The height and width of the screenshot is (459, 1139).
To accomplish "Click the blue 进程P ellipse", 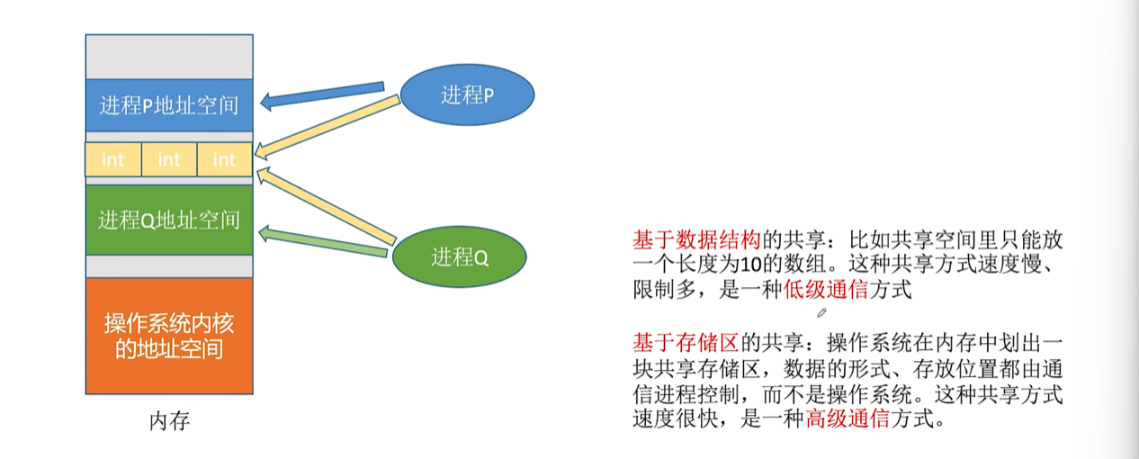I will point(467,94).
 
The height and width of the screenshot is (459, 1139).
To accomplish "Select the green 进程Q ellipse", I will point(459,257).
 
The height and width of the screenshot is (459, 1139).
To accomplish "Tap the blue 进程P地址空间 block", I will point(169,105).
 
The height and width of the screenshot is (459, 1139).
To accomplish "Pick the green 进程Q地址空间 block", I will point(169,220).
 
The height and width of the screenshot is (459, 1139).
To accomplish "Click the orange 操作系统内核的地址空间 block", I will point(169,336).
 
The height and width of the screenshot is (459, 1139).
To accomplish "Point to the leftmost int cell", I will point(113,159).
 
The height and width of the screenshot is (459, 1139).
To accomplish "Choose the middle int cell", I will point(169,159).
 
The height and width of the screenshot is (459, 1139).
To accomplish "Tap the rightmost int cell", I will point(224,159).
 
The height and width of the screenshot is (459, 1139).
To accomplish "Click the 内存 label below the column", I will point(169,421).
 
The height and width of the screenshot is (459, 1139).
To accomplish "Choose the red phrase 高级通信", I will point(847,418).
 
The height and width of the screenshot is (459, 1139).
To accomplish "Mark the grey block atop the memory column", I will point(169,57).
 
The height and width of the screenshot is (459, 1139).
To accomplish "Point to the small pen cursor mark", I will point(821,312).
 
